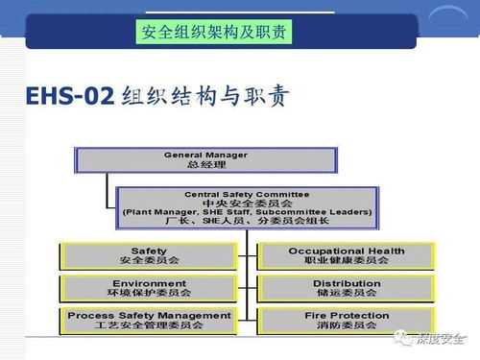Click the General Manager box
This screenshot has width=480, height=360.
(205, 159)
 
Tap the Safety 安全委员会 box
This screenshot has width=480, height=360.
(149, 255)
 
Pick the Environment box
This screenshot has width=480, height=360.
(149, 288)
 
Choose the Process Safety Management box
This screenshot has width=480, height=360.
(149, 320)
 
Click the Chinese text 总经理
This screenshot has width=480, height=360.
(205, 164)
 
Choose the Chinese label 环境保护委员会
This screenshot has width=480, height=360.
(149, 293)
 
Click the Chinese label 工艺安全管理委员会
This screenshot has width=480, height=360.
(149, 325)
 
